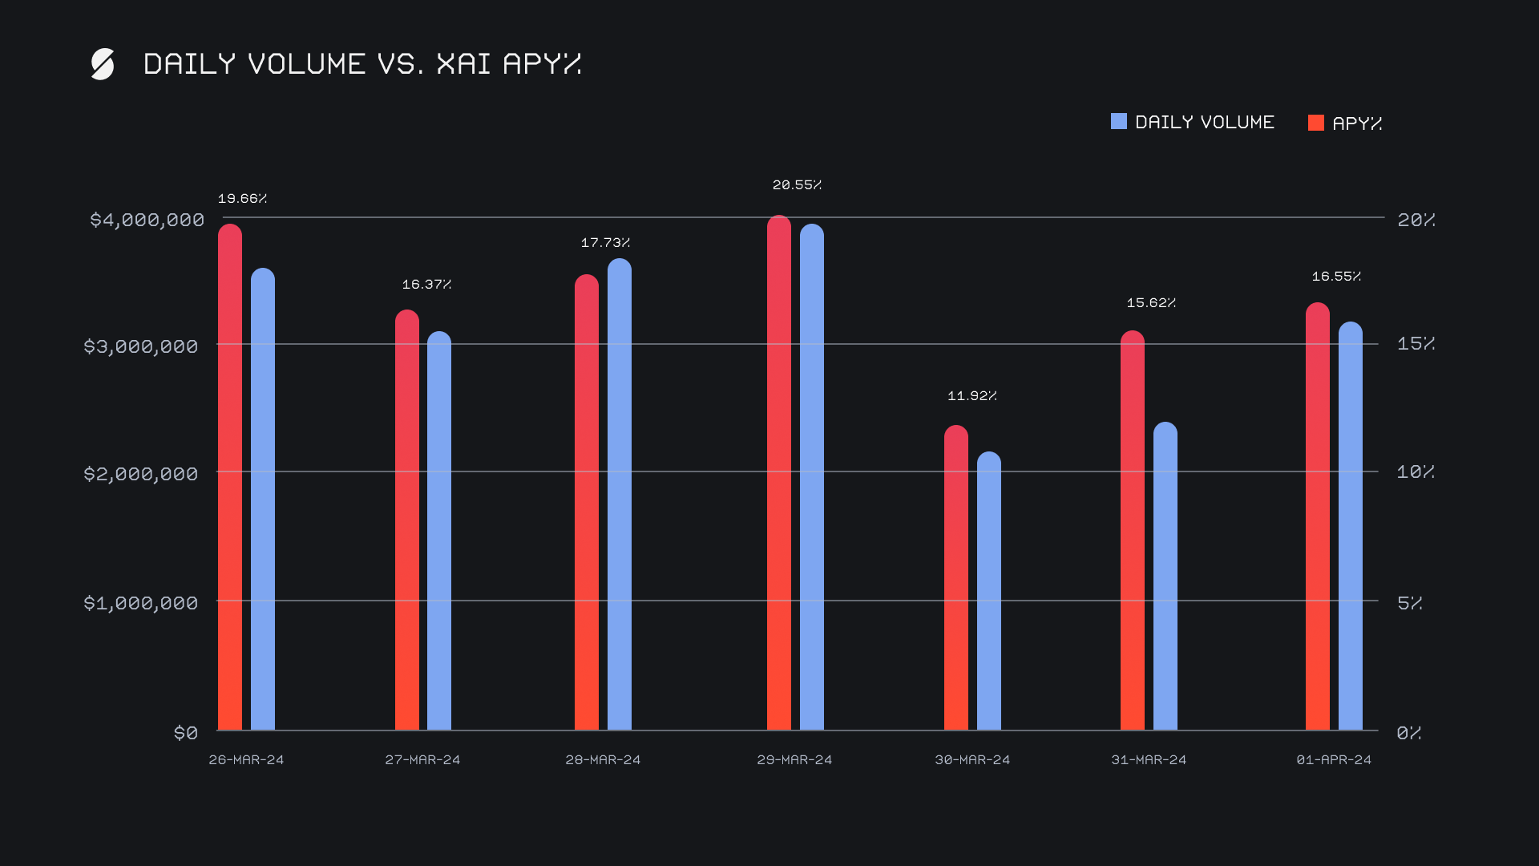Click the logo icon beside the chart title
(x=103, y=64)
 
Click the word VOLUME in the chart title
(x=307, y=64)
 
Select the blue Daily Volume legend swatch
(x=1118, y=122)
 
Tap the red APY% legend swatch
(x=1315, y=123)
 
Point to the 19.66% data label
(x=242, y=199)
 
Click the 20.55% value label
(x=797, y=185)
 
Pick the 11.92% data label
(x=972, y=396)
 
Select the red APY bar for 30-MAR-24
(x=955, y=577)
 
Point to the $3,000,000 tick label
(x=141, y=346)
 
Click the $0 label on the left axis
(x=186, y=733)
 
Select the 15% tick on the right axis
(x=1416, y=344)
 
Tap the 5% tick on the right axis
(x=1410, y=603)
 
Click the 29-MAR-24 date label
(x=794, y=759)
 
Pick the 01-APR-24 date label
(x=1334, y=759)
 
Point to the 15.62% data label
(x=1151, y=303)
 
